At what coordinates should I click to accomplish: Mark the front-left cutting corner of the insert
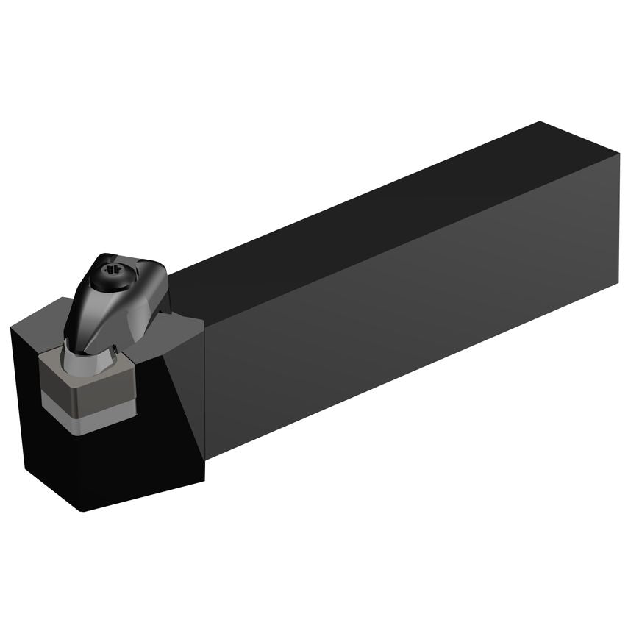click(43, 364)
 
